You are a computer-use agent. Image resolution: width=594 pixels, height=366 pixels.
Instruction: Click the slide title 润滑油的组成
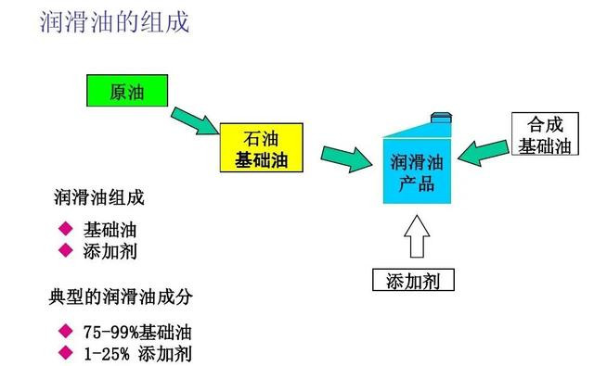115,22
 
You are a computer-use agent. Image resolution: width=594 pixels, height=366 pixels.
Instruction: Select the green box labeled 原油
126,92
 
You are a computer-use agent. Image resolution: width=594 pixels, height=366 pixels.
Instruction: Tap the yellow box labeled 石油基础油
263,148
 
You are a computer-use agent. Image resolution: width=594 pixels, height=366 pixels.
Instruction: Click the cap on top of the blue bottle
442,117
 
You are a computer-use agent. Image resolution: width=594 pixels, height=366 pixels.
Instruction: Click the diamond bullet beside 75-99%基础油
64,331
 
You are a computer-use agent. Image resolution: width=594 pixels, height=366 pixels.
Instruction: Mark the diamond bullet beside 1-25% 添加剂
64,352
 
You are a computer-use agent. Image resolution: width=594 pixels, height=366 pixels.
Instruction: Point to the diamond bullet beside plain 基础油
64,229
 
